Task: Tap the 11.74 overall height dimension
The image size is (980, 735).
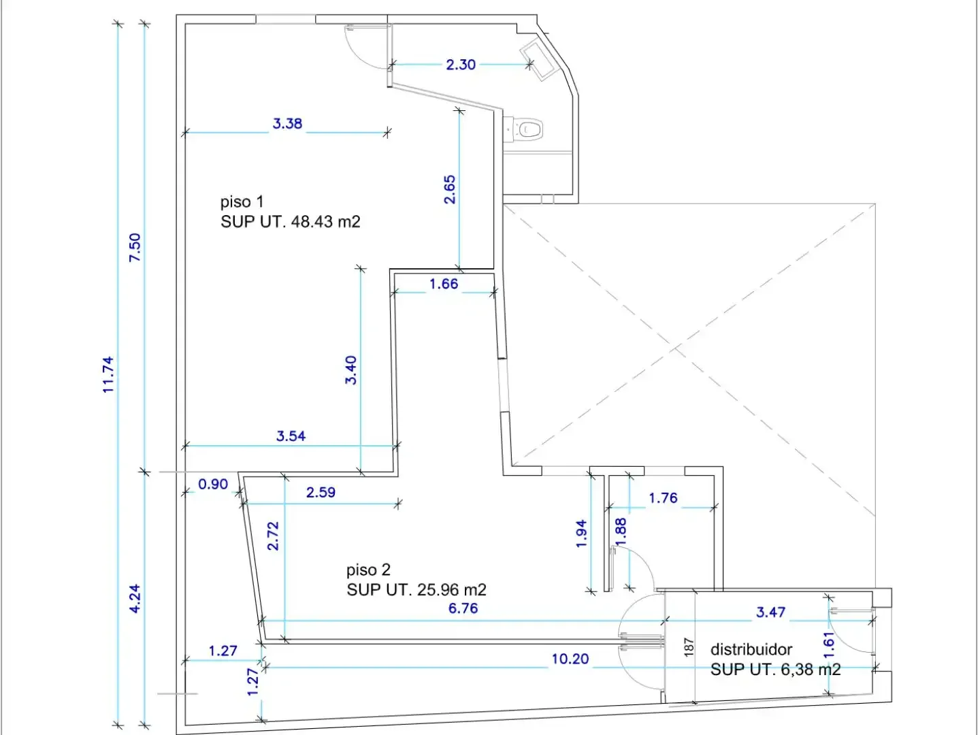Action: tap(108, 375)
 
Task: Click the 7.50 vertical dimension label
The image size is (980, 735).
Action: tap(135, 247)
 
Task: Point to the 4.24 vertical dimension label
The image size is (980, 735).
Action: tap(135, 598)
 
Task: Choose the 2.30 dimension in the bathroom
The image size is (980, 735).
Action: tap(461, 65)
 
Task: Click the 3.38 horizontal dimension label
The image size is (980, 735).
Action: tap(287, 124)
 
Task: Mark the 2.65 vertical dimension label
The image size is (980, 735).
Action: tap(450, 190)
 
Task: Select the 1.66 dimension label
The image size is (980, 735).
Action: tap(444, 284)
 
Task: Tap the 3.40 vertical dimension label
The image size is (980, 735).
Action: tap(351, 370)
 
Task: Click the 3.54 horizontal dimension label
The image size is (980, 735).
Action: tap(291, 436)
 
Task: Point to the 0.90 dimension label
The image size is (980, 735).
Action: tap(213, 484)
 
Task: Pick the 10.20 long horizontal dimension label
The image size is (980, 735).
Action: tap(570, 659)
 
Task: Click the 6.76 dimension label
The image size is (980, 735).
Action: tap(463, 608)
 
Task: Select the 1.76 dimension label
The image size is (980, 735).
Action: tap(663, 498)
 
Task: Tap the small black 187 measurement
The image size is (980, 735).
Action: tap(689, 647)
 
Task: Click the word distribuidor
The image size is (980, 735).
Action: tap(751, 649)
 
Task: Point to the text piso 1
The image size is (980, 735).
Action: tap(242, 202)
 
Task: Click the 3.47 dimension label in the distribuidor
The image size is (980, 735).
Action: tap(770, 612)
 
